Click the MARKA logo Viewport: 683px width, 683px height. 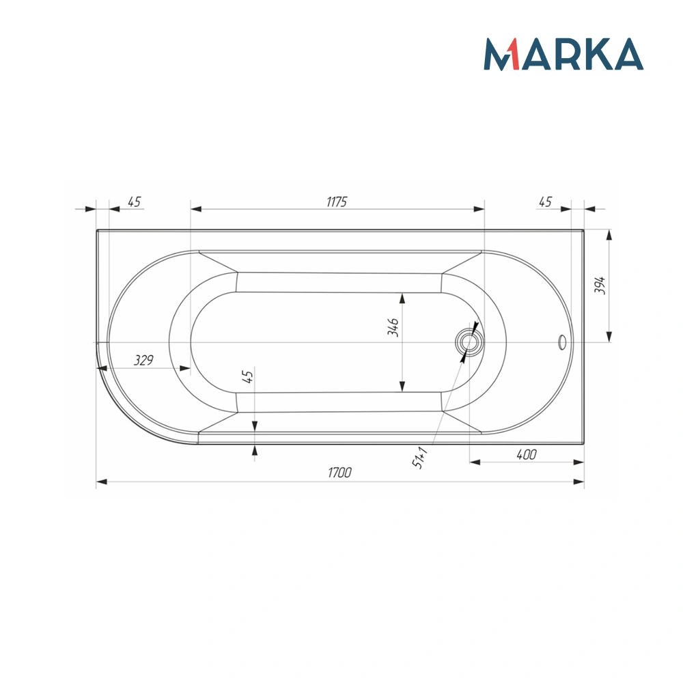pos(563,54)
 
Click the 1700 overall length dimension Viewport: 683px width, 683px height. pos(339,473)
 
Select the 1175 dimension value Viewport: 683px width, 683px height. pos(337,201)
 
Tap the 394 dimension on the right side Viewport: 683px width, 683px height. pos(600,285)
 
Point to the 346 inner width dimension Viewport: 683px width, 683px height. pos(393,326)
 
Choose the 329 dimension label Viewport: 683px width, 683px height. pos(143,360)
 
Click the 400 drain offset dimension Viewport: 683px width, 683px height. pos(526,455)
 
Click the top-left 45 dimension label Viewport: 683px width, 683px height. pos(134,201)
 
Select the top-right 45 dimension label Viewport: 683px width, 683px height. pos(545,201)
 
